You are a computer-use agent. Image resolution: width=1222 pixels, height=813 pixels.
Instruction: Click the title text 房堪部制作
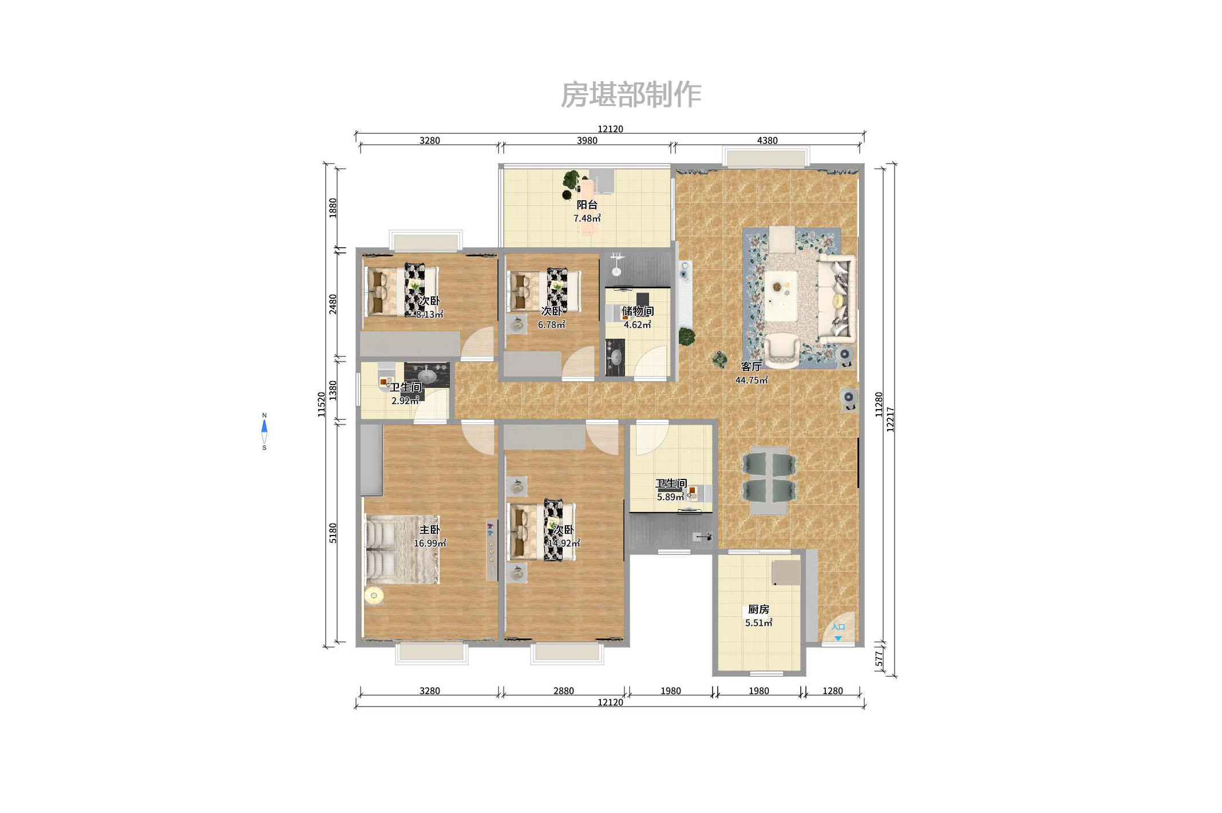point(630,94)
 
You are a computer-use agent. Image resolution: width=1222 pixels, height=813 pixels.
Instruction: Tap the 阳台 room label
point(587,205)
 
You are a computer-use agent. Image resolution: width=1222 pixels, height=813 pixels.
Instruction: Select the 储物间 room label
point(638,311)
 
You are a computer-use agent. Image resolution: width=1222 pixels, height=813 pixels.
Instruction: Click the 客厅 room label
point(751,367)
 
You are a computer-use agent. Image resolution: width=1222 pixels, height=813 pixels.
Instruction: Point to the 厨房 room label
point(758,610)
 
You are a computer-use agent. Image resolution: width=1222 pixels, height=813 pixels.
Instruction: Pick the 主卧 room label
point(430,530)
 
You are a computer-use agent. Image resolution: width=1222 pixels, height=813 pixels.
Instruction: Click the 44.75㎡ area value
point(751,380)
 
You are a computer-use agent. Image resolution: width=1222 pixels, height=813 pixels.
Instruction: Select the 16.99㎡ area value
point(430,544)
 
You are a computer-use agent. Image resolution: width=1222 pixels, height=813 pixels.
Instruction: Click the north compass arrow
point(264,426)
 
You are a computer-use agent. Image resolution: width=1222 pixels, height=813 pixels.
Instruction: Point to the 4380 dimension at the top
point(767,141)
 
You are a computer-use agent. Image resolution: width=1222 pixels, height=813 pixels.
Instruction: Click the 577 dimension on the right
point(879,659)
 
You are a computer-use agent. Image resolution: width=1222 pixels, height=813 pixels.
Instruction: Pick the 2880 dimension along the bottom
point(563,691)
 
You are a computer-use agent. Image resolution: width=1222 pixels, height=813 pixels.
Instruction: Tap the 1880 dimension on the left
point(333,208)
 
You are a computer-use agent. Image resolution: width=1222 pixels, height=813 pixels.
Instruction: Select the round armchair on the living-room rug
point(782,350)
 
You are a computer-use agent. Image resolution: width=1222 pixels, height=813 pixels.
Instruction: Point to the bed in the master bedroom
point(402,550)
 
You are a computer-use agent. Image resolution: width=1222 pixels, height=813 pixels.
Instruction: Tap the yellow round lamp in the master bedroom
point(374,596)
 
